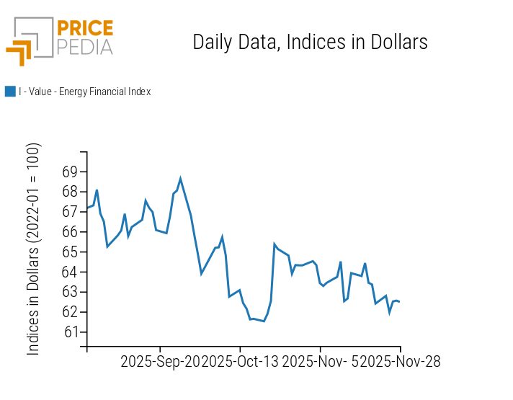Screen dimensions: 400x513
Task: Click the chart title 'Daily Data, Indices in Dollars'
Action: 310,42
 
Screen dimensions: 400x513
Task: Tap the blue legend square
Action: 10,92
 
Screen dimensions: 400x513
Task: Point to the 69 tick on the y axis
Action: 70,172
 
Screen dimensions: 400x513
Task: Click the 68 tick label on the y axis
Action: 70,192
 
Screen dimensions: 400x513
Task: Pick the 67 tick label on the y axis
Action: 70,212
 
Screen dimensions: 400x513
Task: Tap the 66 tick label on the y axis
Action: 70,232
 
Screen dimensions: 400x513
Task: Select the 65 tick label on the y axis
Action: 70,252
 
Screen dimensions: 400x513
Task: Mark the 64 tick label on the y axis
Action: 70,272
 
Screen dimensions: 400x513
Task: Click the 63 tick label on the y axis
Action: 70,292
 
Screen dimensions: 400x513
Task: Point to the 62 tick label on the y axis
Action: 70,312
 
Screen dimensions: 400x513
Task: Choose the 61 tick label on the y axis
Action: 70,332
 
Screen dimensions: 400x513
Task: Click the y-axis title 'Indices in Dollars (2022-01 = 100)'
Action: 34,249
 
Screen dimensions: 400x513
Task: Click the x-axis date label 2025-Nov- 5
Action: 320,362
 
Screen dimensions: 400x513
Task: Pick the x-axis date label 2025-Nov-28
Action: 400,362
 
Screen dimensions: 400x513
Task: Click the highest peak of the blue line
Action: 180,178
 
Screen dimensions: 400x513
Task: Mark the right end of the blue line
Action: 399,301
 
